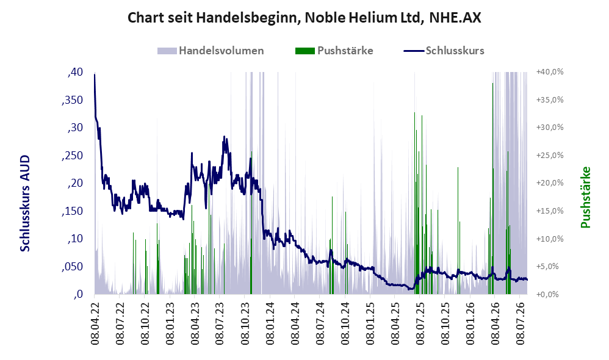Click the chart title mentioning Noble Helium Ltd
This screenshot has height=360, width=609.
[x=304, y=18]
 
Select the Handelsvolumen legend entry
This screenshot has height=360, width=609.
[x=211, y=51]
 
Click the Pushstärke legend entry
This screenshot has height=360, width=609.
[x=334, y=51]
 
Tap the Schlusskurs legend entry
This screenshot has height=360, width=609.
[x=444, y=51]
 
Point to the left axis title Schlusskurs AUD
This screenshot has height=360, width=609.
[x=25, y=203]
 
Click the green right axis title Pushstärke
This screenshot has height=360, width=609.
[x=585, y=197]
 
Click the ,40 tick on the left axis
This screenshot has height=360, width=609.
[x=75, y=72]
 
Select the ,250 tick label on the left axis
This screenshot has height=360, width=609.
[x=72, y=156]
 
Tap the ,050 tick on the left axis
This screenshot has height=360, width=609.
[x=72, y=267]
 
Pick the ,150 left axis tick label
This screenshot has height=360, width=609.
[x=72, y=211]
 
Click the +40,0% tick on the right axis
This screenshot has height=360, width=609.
[x=550, y=72]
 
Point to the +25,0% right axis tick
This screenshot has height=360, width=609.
[x=550, y=156]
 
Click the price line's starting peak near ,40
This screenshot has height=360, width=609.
[x=95, y=74]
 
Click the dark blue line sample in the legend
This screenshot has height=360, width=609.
[x=414, y=51]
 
